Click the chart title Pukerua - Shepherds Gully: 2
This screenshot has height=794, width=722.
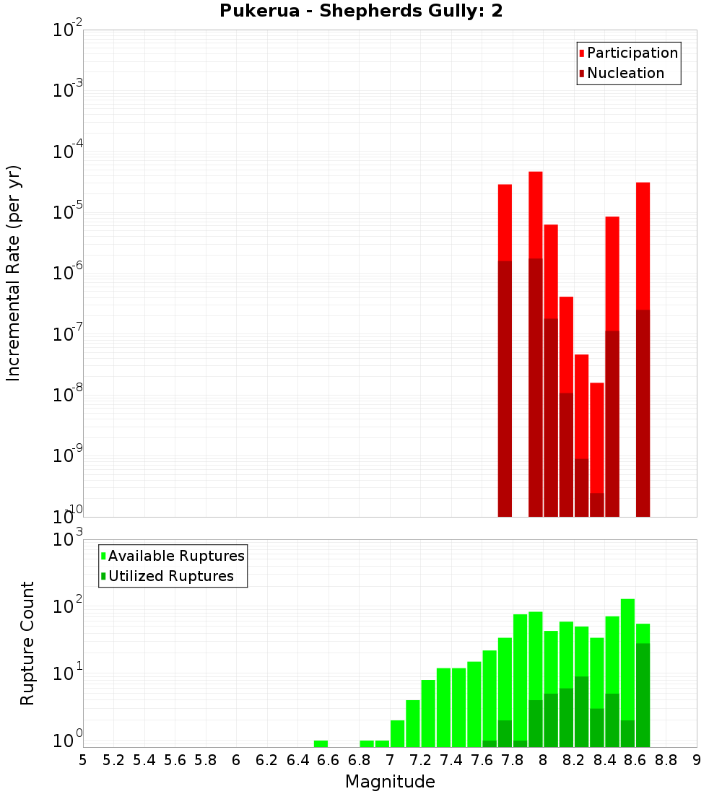[x=361, y=12]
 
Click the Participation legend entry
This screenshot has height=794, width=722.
[x=632, y=53]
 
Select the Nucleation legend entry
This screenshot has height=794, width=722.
[x=625, y=74]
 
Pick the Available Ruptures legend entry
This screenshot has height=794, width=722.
[x=176, y=557]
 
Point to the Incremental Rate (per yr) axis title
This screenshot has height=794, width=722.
[x=14, y=274]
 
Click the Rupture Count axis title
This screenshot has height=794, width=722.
[x=27, y=643]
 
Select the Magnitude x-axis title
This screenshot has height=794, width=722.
[x=390, y=782]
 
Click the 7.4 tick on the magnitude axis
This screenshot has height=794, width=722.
[x=451, y=760]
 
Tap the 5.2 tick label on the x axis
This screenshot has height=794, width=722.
[x=113, y=760]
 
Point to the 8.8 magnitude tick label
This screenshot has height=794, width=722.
[x=666, y=760]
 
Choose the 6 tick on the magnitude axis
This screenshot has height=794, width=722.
[x=236, y=760]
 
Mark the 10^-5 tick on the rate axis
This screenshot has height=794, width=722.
[x=68, y=212]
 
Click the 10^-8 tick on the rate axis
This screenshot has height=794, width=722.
[x=68, y=395]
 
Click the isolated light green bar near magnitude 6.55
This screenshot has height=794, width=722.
[x=321, y=743]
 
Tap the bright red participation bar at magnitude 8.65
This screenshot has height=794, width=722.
[x=643, y=245]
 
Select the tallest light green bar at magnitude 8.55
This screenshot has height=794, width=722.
[x=627, y=657]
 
